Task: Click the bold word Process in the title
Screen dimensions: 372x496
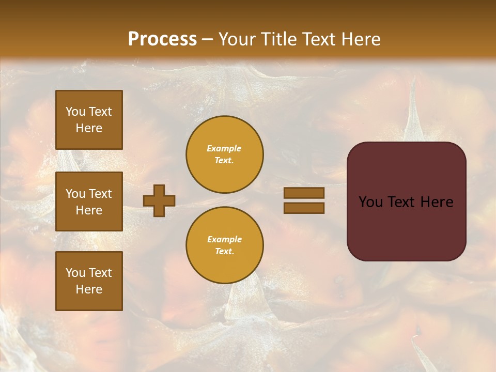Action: pos(162,39)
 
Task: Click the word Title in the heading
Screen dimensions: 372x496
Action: pos(277,39)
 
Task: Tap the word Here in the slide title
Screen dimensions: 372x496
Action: pos(360,39)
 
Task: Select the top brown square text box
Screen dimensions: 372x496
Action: pos(89,120)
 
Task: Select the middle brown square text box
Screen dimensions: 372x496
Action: pos(89,202)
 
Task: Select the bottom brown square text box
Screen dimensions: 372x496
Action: pos(89,281)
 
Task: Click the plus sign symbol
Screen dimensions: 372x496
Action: pos(159,200)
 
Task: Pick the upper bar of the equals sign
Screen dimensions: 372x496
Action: pos(304,193)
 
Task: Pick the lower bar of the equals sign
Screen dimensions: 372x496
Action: pos(304,208)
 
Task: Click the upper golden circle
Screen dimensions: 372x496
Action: pos(225,154)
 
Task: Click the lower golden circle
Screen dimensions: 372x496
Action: pos(225,245)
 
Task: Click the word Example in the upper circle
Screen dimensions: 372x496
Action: pos(224,148)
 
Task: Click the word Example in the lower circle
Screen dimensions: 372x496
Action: pos(224,239)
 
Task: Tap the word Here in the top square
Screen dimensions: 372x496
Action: pos(89,128)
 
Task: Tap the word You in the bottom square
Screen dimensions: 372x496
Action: pos(75,273)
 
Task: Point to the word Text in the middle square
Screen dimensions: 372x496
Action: pos(100,194)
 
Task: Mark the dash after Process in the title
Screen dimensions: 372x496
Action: pos(208,40)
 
